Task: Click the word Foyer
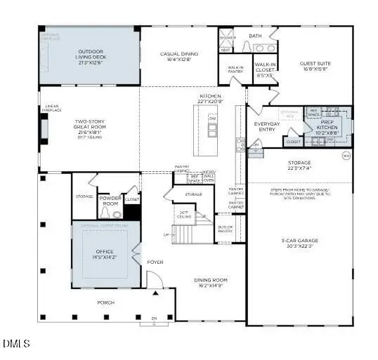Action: pos(155,262)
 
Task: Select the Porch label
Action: pos(105,302)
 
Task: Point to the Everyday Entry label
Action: pos(268,127)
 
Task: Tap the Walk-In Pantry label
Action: pos(235,69)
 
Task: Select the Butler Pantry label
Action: pos(225,229)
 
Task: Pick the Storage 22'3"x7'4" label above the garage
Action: pos(299,165)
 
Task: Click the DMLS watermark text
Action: pos(16,344)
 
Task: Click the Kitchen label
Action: pos(210,98)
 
